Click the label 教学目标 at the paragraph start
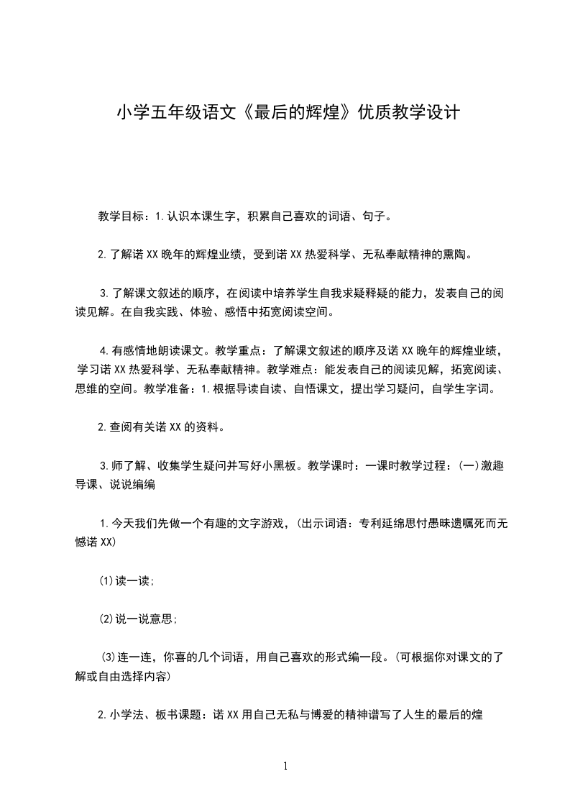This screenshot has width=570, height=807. pos(121,216)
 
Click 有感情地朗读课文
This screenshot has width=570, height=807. pos(156,351)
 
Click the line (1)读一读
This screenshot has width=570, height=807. pos(127,581)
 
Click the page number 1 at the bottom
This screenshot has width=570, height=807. pos(285,766)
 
